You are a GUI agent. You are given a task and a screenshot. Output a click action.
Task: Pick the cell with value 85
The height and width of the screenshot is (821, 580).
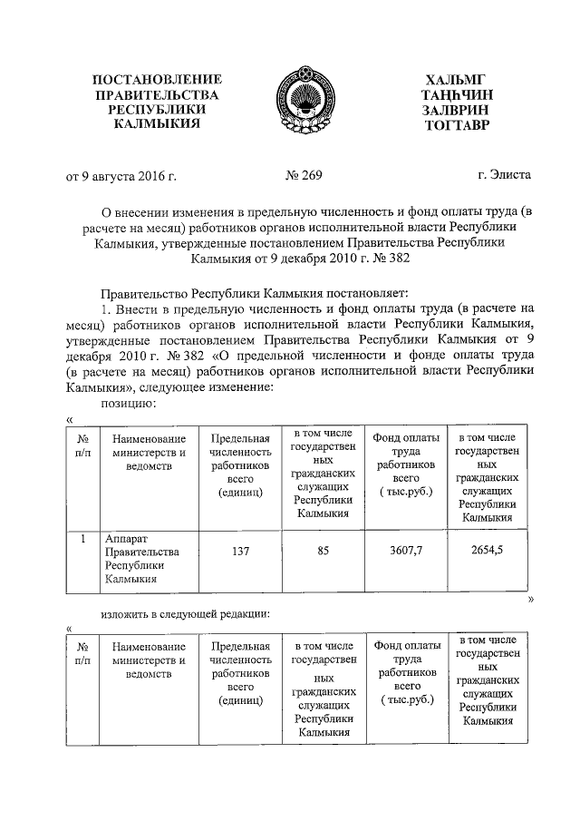(x=323, y=550)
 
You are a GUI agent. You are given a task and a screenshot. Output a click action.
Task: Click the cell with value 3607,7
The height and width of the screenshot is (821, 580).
(x=405, y=550)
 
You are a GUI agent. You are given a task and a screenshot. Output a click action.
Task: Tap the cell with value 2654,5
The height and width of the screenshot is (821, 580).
(x=488, y=550)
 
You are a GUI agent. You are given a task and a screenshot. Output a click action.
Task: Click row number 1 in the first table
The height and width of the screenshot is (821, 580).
(x=82, y=539)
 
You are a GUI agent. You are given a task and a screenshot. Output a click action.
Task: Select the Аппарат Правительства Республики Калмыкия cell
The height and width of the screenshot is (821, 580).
(x=142, y=558)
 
